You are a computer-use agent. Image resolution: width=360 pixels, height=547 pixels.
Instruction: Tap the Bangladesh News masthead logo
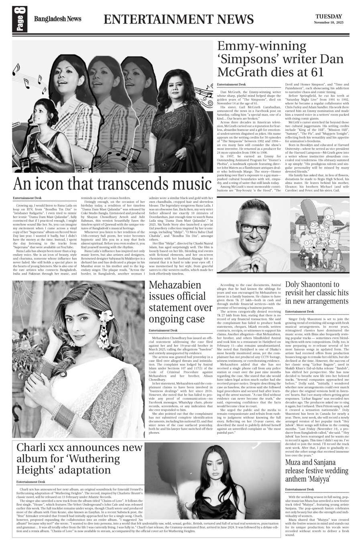point(57,19)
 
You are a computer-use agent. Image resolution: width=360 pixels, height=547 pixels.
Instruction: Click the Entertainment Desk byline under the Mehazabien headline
point(163,330)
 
